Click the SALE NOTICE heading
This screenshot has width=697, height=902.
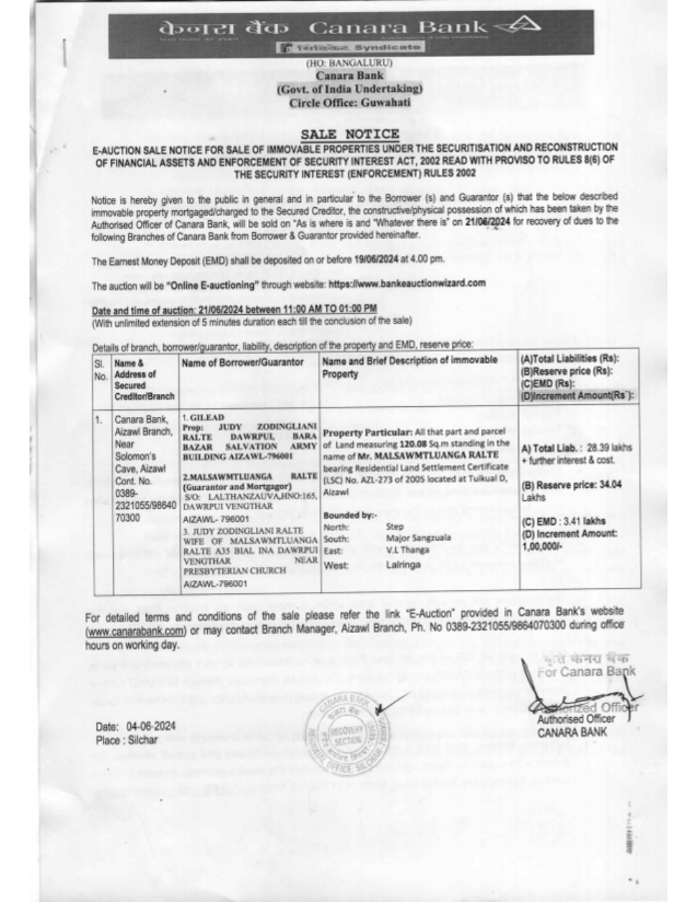pos(350,134)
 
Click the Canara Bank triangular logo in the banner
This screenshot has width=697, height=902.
pos(521,27)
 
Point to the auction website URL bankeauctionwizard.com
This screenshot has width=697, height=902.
pos(406,284)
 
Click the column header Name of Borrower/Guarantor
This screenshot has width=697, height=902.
pos(243,362)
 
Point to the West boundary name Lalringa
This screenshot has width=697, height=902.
pos(403,565)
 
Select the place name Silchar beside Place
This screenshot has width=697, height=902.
pos(143,740)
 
